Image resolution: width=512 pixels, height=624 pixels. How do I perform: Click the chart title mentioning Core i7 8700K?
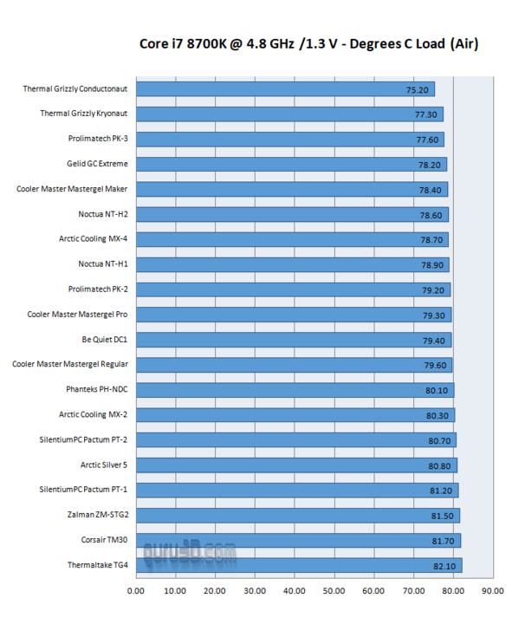(308, 43)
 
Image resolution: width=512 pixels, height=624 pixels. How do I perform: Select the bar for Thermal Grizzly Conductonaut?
(285, 89)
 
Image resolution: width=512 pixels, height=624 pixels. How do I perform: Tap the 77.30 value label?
(426, 114)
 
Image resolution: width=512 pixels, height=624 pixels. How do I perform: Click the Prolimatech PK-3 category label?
(98, 139)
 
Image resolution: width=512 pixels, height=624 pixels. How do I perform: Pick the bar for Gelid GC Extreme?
(291, 165)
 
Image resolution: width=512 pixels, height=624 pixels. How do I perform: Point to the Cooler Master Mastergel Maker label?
(72, 189)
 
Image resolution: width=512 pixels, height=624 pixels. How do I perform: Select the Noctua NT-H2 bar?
(292, 215)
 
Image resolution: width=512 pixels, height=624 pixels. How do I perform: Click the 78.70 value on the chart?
(431, 240)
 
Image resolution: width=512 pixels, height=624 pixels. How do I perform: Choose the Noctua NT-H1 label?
(103, 263)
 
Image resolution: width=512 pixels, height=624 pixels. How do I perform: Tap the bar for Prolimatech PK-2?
(293, 289)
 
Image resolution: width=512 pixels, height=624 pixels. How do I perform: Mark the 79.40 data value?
(434, 341)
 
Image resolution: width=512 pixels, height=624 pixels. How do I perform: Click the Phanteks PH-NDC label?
(97, 389)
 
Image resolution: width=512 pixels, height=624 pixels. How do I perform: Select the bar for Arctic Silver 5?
(296, 465)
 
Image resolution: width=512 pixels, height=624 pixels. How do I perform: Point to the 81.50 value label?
(443, 517)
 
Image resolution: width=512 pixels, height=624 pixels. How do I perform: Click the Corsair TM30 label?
(104, 540)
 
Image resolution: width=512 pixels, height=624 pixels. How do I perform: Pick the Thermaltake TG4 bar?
(299, 565)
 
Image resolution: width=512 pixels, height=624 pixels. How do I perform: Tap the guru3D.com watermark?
(190, 553)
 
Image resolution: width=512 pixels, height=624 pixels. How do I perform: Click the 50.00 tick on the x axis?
(334, 591)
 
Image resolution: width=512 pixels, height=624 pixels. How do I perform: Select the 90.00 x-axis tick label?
(492, 591)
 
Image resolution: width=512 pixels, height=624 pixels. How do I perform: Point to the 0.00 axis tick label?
(136, 591)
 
